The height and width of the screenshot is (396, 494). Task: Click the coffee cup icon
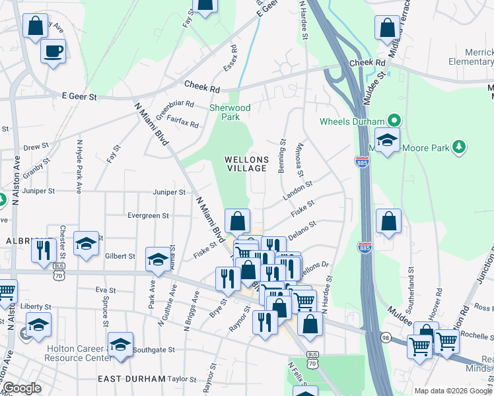53,50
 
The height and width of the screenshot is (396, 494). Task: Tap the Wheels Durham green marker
395,121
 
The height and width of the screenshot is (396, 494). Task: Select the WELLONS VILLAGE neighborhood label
246,164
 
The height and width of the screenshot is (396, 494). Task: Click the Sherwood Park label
230,112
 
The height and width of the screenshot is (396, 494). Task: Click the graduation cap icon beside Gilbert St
158,260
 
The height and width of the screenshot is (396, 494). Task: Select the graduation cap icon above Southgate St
120,345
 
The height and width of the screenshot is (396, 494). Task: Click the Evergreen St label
147,215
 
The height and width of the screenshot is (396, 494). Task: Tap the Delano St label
303,228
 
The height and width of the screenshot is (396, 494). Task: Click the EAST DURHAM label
131,379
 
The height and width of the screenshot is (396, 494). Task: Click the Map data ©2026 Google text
453,391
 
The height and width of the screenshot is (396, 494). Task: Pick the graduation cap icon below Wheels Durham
387,140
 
